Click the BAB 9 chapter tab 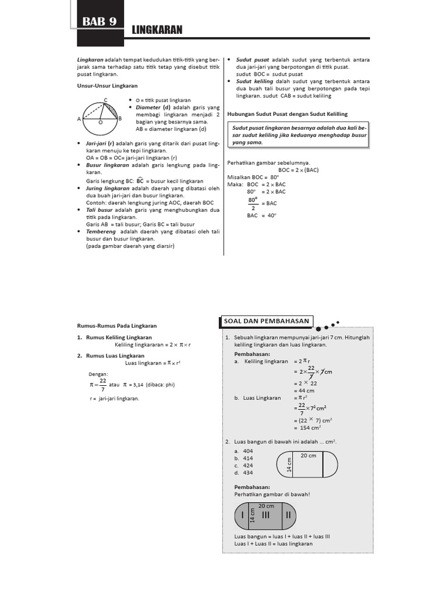tap(100, 22)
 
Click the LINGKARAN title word tap(158, 29)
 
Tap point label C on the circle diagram tap(105, 100)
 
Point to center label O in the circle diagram tap(100, 123)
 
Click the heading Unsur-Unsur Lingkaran tap(107, 86)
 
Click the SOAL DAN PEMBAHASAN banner tap(267, 321)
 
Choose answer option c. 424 tap(243, 465)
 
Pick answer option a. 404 tap(243, 451)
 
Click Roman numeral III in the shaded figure tap(266, 515)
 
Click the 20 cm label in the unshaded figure tap(308, 456)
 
